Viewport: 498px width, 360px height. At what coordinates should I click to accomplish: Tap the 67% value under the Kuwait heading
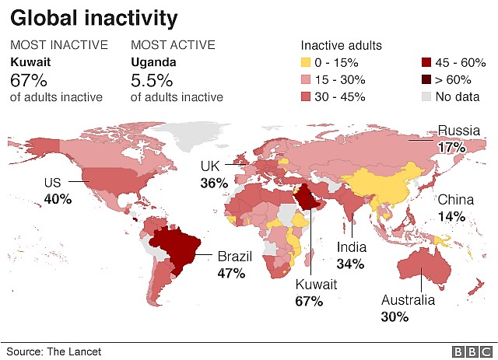29,79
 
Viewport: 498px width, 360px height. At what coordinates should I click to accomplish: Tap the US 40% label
57,191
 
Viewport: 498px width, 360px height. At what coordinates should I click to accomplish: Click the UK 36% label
213,175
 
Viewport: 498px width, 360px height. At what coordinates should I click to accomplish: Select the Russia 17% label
451,138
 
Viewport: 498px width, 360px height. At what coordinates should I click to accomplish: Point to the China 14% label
451,208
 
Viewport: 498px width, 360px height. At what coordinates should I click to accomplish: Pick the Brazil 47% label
231,264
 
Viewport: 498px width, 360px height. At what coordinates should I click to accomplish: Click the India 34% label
351,255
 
